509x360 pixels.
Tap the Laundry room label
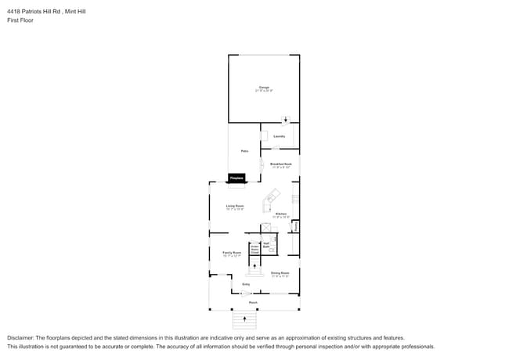278,135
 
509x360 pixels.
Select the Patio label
244,151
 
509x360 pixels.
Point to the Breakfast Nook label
280,165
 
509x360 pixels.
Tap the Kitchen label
280,214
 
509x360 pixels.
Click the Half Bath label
266,245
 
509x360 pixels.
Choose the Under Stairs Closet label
254,250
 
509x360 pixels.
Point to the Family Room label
232,254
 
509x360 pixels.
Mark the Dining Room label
280,274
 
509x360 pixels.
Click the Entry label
246,284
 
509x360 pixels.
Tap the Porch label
253,302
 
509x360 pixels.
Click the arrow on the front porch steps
246,320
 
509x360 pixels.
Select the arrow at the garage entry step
286,121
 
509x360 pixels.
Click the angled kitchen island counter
272,196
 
